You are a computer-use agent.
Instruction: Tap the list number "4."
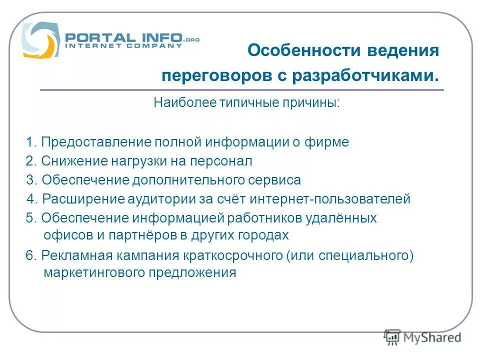click(x=32, y=199)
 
